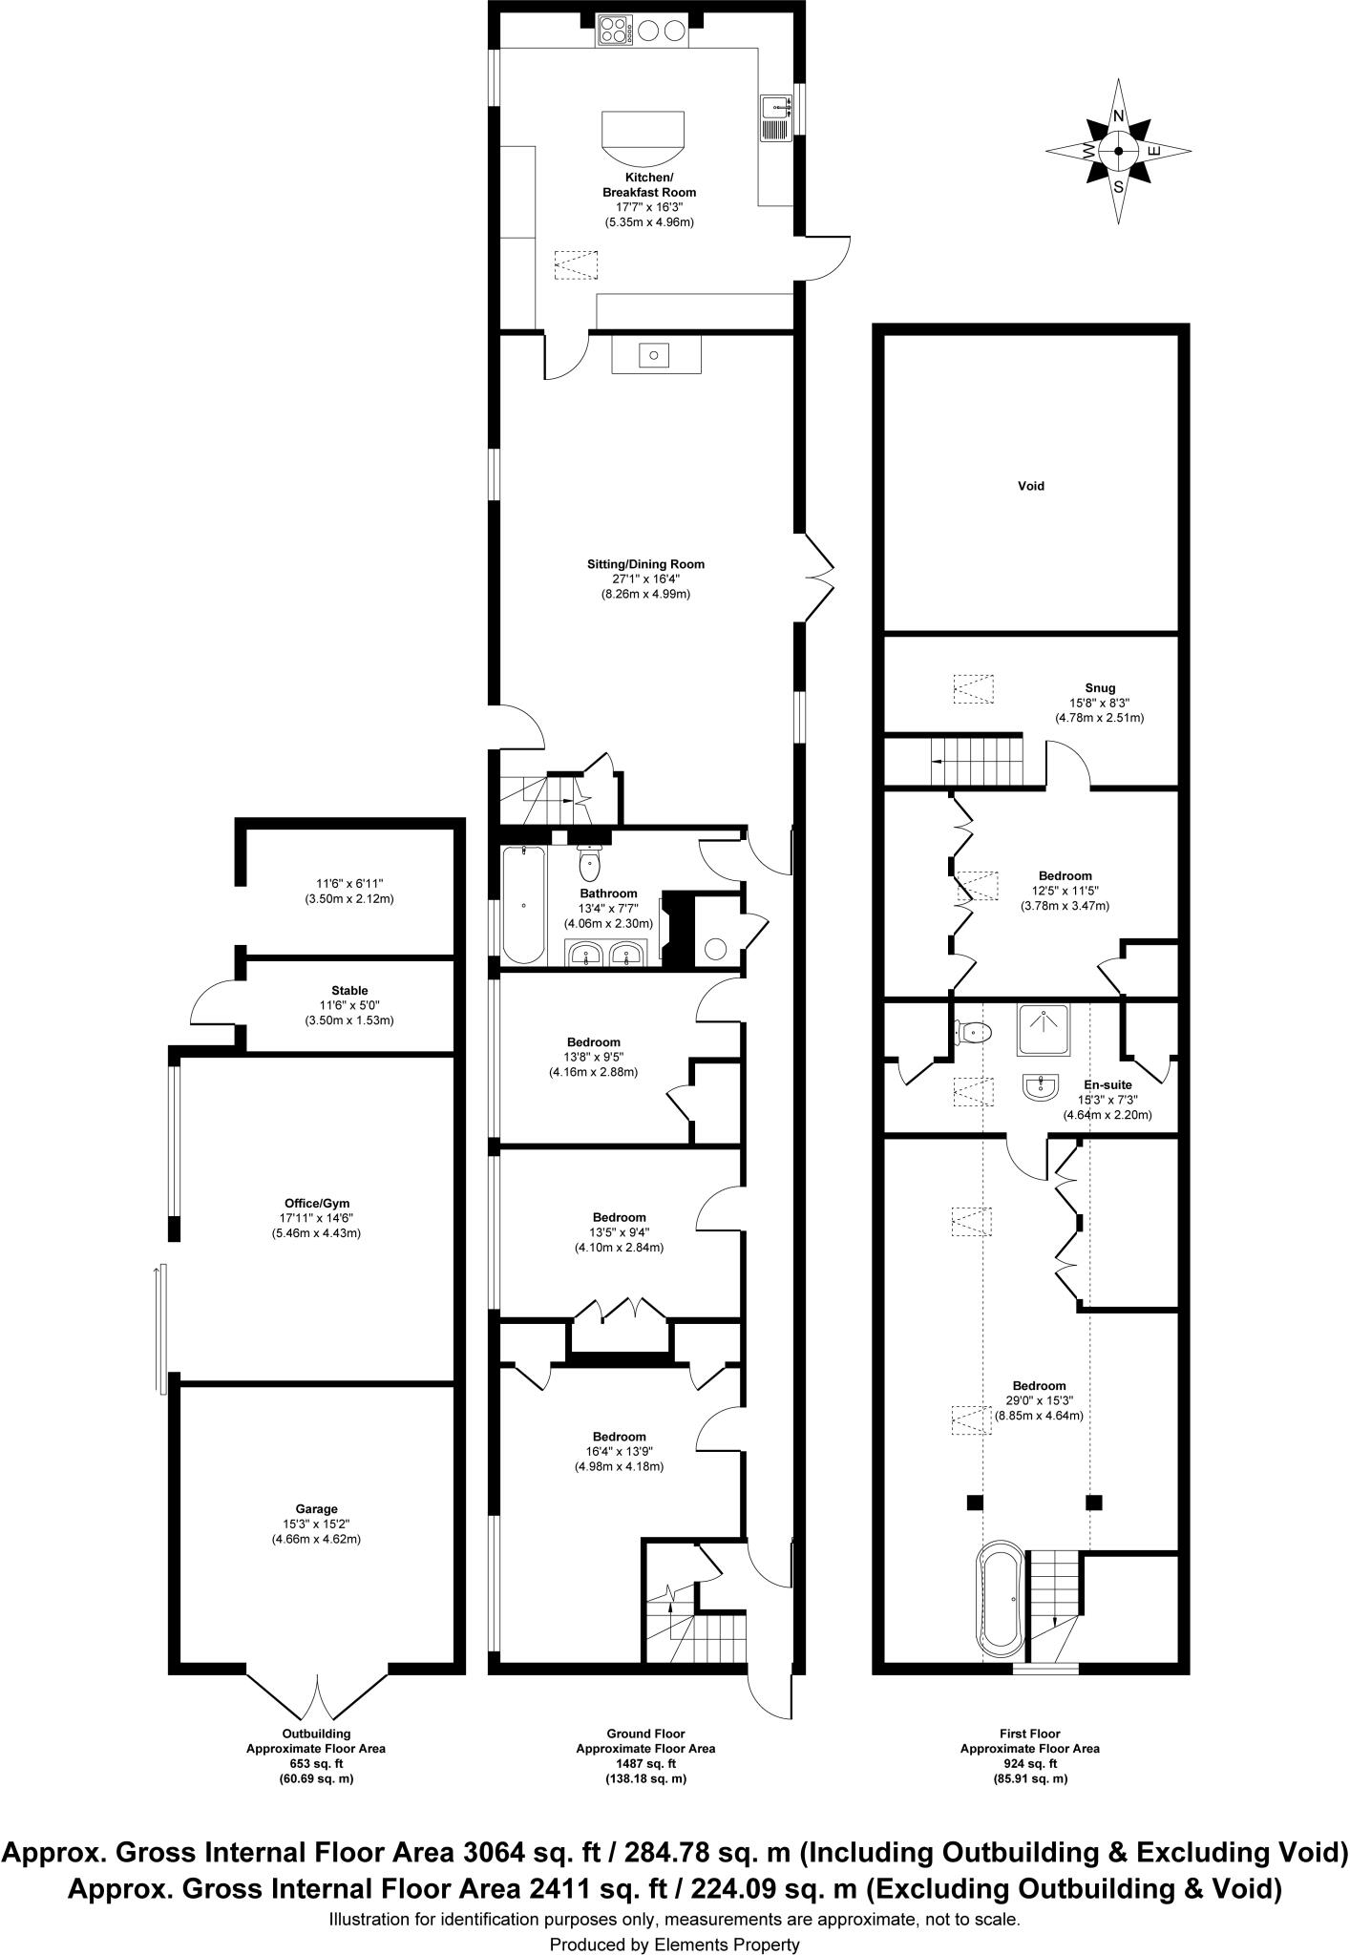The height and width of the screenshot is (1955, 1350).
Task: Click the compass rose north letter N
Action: point(1118,116)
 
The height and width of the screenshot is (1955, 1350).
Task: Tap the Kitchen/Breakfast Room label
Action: point(648,185)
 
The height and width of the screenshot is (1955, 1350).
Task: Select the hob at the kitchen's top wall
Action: point(616,32)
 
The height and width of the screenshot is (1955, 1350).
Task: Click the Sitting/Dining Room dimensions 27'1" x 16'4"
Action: point(645,578)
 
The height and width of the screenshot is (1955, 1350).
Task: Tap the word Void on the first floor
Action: point(1030,486)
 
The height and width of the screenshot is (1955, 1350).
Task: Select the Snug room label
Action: point(1099,687)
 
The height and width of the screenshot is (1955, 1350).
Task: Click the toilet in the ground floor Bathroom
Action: point(590,864)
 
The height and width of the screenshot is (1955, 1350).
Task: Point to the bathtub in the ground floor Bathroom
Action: point(523,903)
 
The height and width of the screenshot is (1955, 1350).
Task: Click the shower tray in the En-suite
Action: point(1043,1029)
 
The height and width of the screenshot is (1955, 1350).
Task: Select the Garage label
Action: point(316,1509)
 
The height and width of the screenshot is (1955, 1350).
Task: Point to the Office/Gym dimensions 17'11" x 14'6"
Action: point(316,1218)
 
